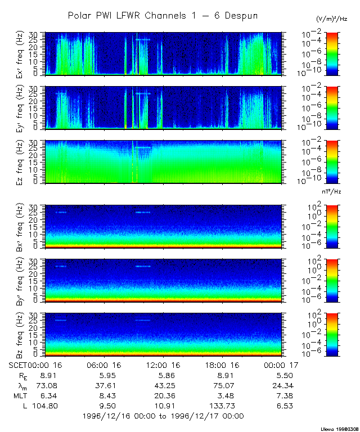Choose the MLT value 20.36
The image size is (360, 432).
coord(163,395)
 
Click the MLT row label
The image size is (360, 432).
coord(19,395)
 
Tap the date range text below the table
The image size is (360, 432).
coord(163,416)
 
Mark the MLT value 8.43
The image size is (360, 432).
coord(104,395)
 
